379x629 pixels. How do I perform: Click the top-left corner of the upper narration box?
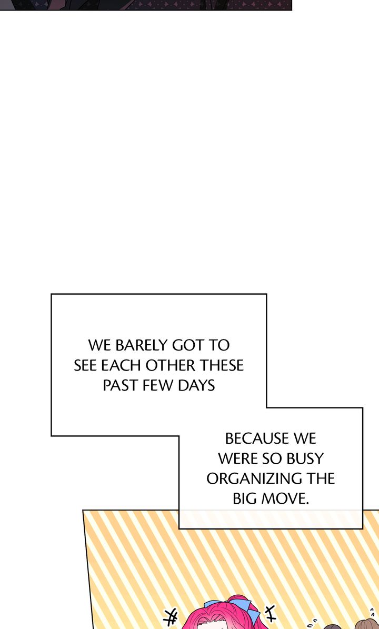(x=52, y=294)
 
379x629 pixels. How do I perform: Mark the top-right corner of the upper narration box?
(x=266, y=294)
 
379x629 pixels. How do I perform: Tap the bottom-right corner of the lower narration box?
(x=363, y=528)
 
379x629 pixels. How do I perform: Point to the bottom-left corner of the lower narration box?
(x=179, y=528)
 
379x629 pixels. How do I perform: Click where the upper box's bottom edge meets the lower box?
(x=179, y=436)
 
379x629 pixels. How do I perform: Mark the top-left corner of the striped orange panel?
(x=83, y=511)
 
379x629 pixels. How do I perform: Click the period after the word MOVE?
(x=307, y=503)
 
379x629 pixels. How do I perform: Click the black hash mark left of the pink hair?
(x=170, y=617)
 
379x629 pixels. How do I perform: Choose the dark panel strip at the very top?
(x=146, y=5)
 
